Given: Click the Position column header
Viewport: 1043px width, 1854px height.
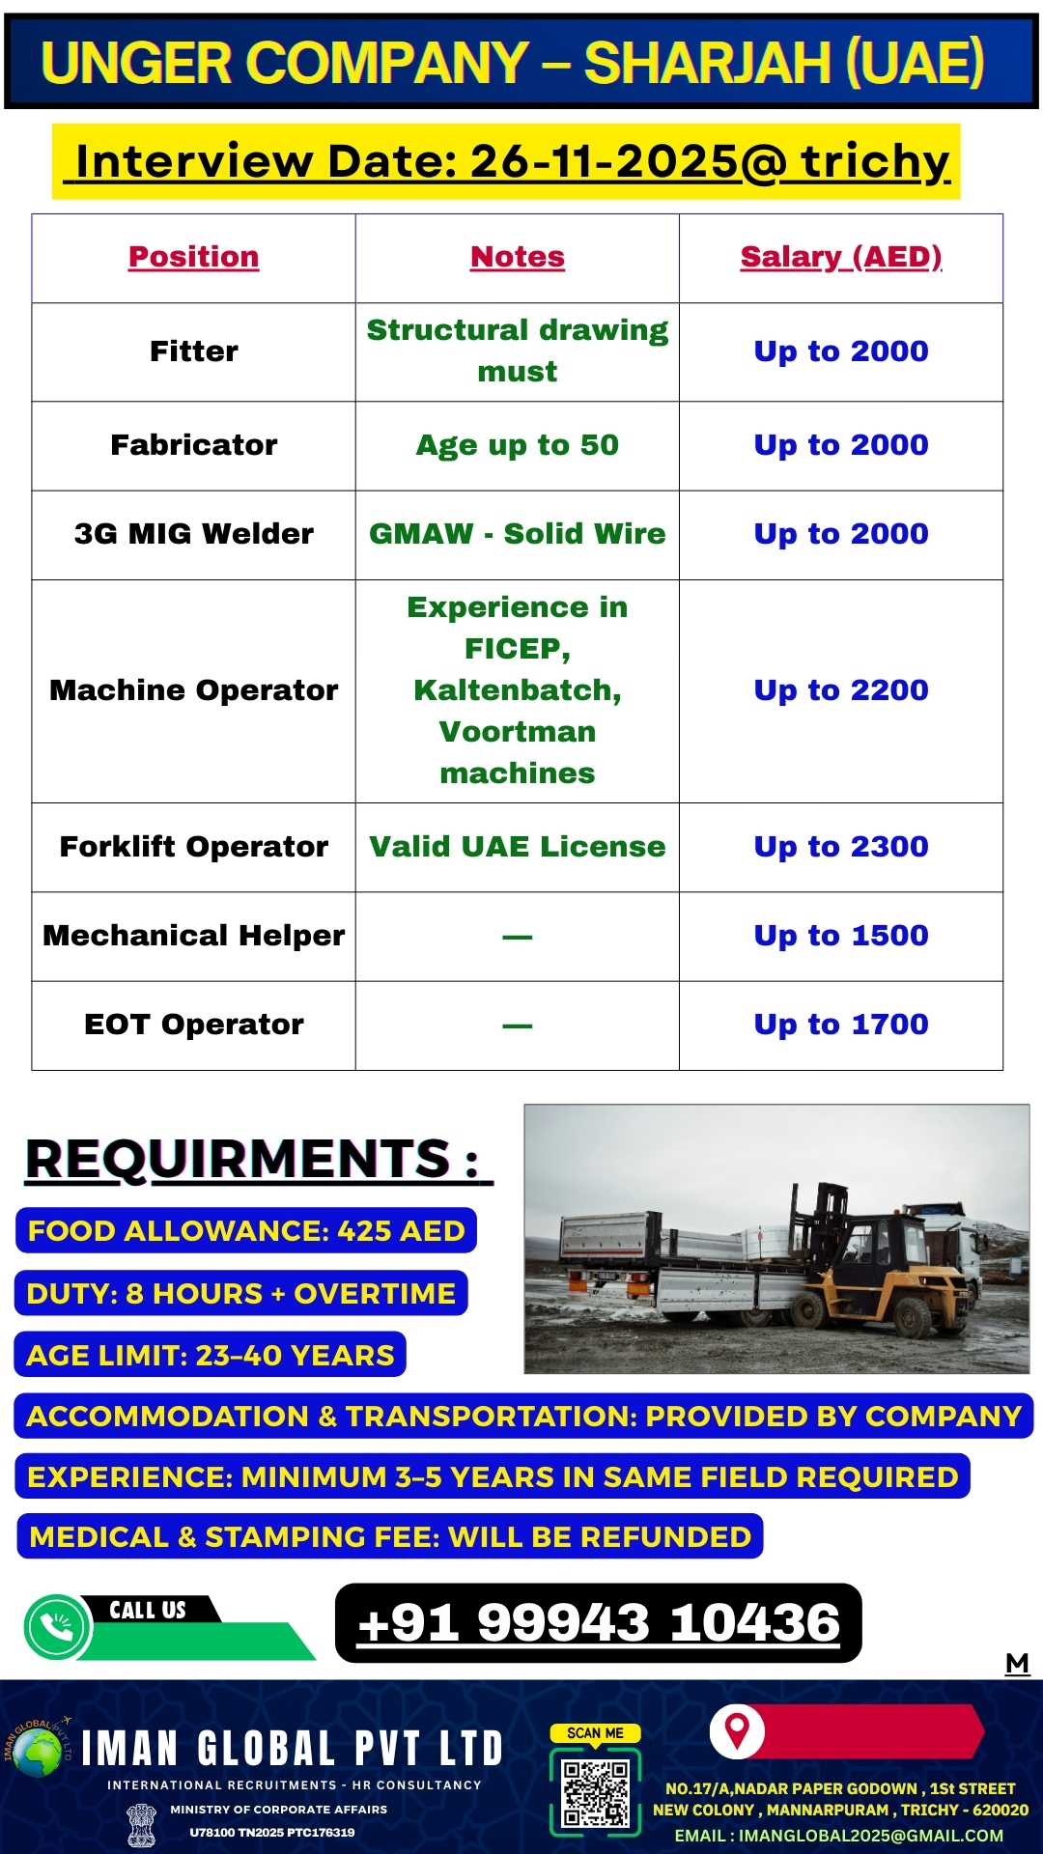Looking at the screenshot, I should pos(193,257).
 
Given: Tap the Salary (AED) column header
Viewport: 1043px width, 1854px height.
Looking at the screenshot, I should pos(840,257).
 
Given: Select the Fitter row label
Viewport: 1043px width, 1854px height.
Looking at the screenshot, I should pos(193,351).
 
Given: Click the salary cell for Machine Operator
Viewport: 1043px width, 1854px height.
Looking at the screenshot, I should pos(840,690).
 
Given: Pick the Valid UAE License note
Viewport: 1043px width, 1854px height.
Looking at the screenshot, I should pos(517,847).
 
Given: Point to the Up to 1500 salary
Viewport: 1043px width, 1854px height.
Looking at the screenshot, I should pos(840,936).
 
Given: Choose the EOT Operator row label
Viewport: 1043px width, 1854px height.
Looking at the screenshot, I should pos(193,1025).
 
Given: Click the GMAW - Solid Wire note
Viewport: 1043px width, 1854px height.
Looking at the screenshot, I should pos(517,534).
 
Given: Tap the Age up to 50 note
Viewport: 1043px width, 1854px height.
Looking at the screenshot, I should pos(517,445).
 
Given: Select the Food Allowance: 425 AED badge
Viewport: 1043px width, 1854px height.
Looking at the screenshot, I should pos(246,1231).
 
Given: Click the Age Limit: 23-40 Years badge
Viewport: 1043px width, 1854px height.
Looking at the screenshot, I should pos(211,1356).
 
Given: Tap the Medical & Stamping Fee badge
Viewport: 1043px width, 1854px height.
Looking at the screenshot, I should pos(390,1536).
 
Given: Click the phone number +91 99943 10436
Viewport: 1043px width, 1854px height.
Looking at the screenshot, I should pos(598,1623).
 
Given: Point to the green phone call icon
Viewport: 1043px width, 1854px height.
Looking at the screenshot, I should pos(58,1627).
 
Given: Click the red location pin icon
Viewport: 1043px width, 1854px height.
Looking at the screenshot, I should pos(737,1730).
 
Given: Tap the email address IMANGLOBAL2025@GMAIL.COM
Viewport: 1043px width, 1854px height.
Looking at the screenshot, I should pos(838,1836).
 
